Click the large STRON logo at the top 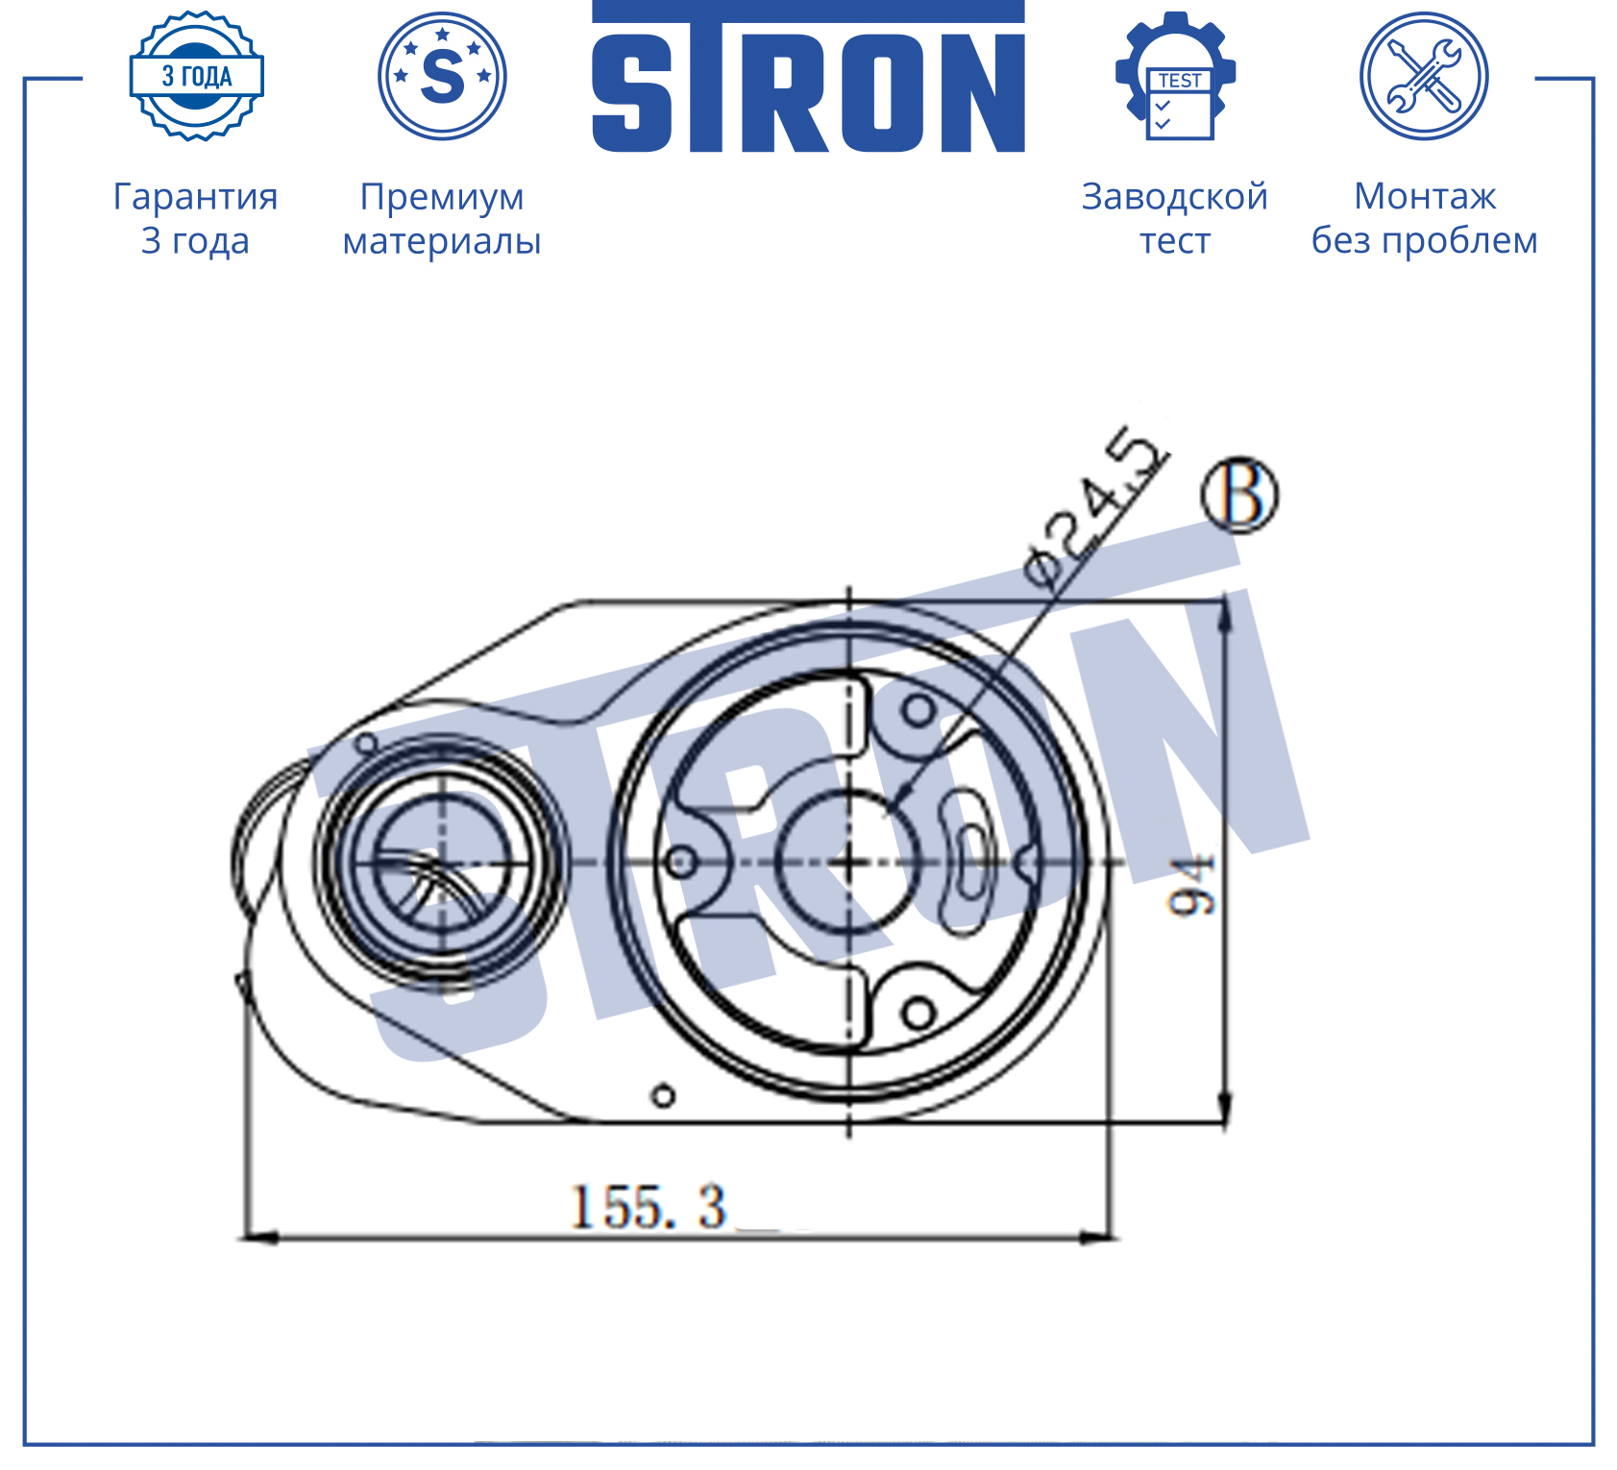point(808,77)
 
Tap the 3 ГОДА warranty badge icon point(197,76)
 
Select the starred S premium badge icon point(442,76)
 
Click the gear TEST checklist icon point(1175,76)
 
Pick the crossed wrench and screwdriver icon point(1424,76)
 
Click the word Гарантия point(196,197)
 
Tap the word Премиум point(442,197)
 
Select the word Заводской point(1175,197)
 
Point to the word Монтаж point(1425,197)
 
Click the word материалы point(442,241)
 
